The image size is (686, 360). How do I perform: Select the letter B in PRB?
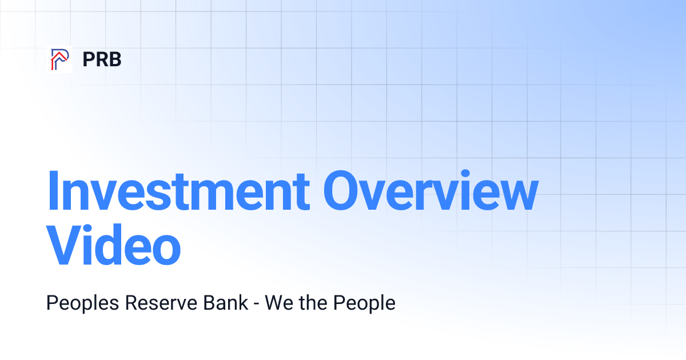point(114,59)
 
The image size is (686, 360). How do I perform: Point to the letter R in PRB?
point(101,59)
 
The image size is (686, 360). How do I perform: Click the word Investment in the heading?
point(178,191)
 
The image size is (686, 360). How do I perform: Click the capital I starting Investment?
point(53,191)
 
